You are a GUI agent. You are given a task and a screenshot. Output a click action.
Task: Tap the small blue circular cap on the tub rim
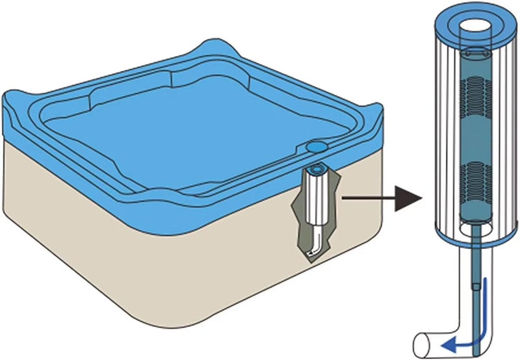318,148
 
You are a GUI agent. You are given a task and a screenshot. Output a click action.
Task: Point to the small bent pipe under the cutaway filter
315,246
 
